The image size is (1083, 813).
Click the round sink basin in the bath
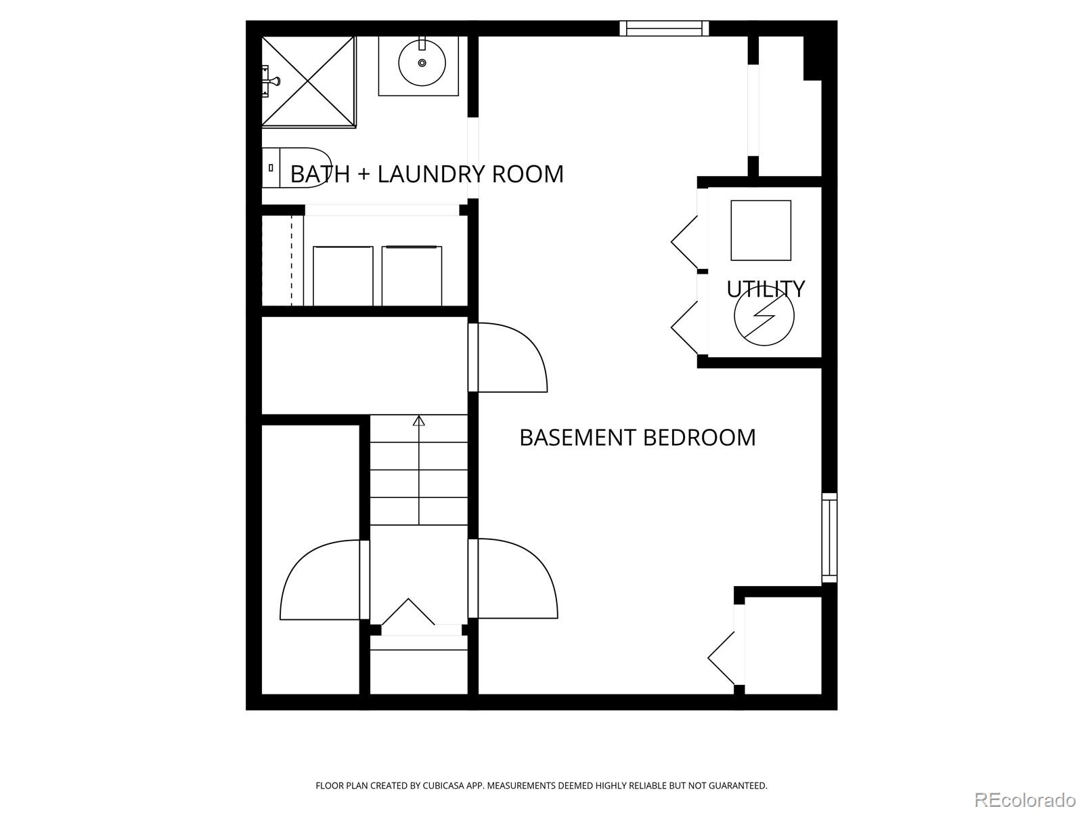422,63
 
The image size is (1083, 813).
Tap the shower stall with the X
309,81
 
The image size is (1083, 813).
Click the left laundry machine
343,276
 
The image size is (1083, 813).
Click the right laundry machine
412,276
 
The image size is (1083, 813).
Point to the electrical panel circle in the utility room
764,316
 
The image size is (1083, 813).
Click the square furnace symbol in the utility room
761,230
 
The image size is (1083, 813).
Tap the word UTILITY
766,289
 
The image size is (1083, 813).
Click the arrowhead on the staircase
419,421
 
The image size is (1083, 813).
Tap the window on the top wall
664,28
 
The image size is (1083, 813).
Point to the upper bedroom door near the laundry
511,358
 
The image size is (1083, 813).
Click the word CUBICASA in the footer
446,786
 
